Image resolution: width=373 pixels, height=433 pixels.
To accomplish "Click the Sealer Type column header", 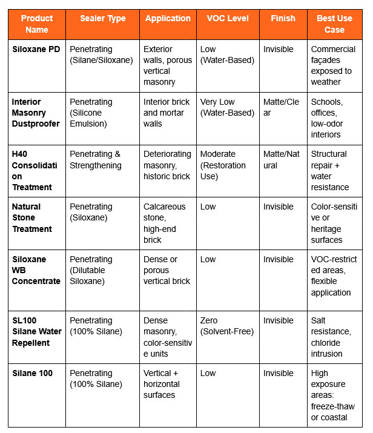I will click(x=103, y=19).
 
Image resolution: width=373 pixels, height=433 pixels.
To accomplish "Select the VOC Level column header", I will click(x=228, y=19).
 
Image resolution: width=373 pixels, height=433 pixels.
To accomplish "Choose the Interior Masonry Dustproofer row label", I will click(x=36, y=113).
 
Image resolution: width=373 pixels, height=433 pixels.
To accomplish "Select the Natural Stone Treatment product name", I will click(x=32, y=217).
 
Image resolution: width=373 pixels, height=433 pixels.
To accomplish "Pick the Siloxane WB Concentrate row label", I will click(x=36, y=270).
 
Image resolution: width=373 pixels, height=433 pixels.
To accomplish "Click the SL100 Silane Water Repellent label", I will click(x=36, y=331).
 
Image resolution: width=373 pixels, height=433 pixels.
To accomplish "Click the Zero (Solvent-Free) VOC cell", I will click(x=227, y=326).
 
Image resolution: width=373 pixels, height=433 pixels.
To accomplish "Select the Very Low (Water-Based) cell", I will click(x=227, y=107).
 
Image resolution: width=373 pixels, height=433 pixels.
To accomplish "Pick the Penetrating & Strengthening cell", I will click(x=96, y=159).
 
